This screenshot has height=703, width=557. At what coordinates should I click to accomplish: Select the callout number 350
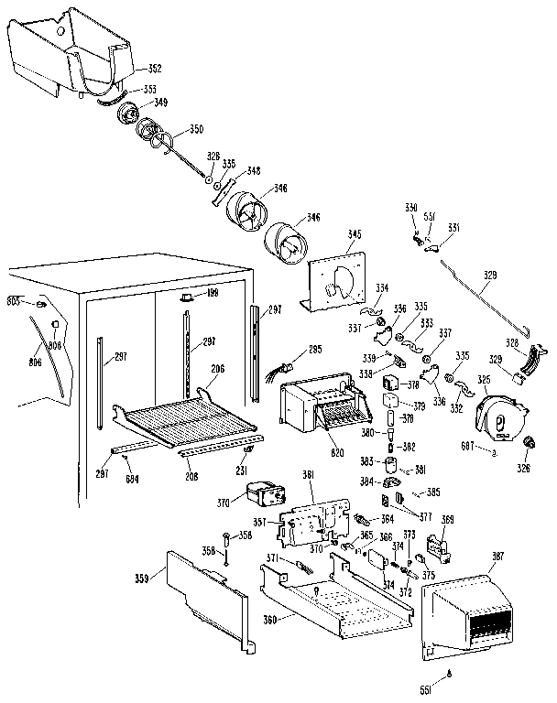[197, 129]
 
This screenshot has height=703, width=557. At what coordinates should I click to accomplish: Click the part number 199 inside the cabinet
[213, 294]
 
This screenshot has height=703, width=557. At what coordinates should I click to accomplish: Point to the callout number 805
[14, 300]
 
